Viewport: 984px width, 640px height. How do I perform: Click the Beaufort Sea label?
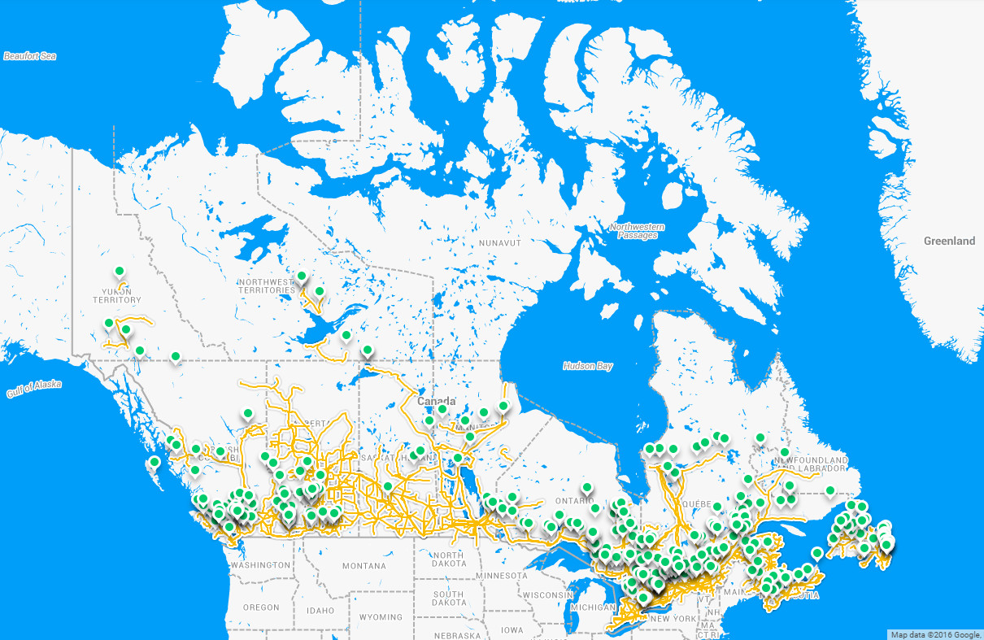coord(30,56)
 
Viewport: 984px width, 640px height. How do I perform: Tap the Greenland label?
coord(949,242)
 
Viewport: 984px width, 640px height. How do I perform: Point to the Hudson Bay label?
coord(587,366)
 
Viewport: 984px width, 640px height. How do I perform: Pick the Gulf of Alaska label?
coord(33,390)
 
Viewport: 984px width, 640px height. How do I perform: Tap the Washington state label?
coord(260,565)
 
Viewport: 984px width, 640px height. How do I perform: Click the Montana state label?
coord(364,566)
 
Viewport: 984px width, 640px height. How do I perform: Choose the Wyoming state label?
coord(381,617)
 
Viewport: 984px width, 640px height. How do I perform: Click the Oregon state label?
coord(260,607)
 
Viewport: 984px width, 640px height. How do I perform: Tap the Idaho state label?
coord(320,610)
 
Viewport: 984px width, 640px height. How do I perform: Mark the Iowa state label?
coord(512,630)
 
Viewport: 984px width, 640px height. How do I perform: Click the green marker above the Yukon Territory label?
coord(119,271)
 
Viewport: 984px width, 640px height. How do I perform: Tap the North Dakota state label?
coord(449,559)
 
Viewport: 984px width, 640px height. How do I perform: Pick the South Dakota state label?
coord(449,599)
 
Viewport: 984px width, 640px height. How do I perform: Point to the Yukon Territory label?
coord(117,295)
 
